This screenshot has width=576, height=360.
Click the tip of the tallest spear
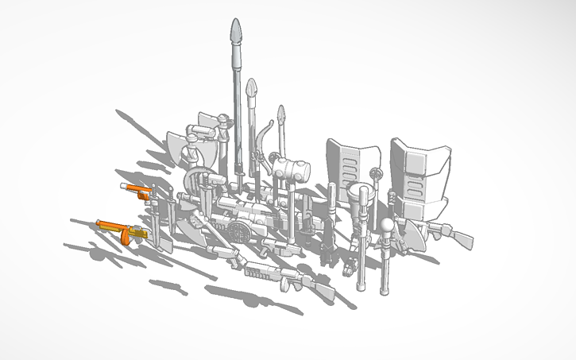(236, 31)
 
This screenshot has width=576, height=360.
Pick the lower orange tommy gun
(119, 230)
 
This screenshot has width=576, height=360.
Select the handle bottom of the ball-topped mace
(385, 285)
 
